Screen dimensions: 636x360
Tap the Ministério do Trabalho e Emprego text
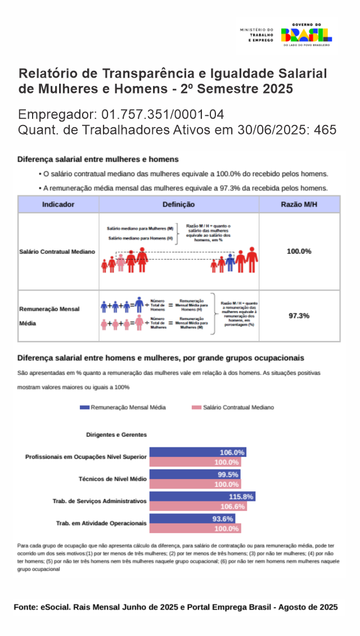256,35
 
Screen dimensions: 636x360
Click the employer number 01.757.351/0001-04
163,115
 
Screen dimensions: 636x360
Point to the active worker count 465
326,130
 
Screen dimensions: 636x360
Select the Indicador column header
58,204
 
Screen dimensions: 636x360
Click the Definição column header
179,204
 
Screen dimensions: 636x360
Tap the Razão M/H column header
299,204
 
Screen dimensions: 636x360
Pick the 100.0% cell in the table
299,251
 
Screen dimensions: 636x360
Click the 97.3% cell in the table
299,316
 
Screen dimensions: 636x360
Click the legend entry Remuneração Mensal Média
123,407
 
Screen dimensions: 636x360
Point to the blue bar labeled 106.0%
198,452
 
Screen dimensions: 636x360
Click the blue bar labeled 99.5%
195,474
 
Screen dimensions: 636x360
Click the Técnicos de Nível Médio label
112,478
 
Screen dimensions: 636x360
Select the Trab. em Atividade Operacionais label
101,523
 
